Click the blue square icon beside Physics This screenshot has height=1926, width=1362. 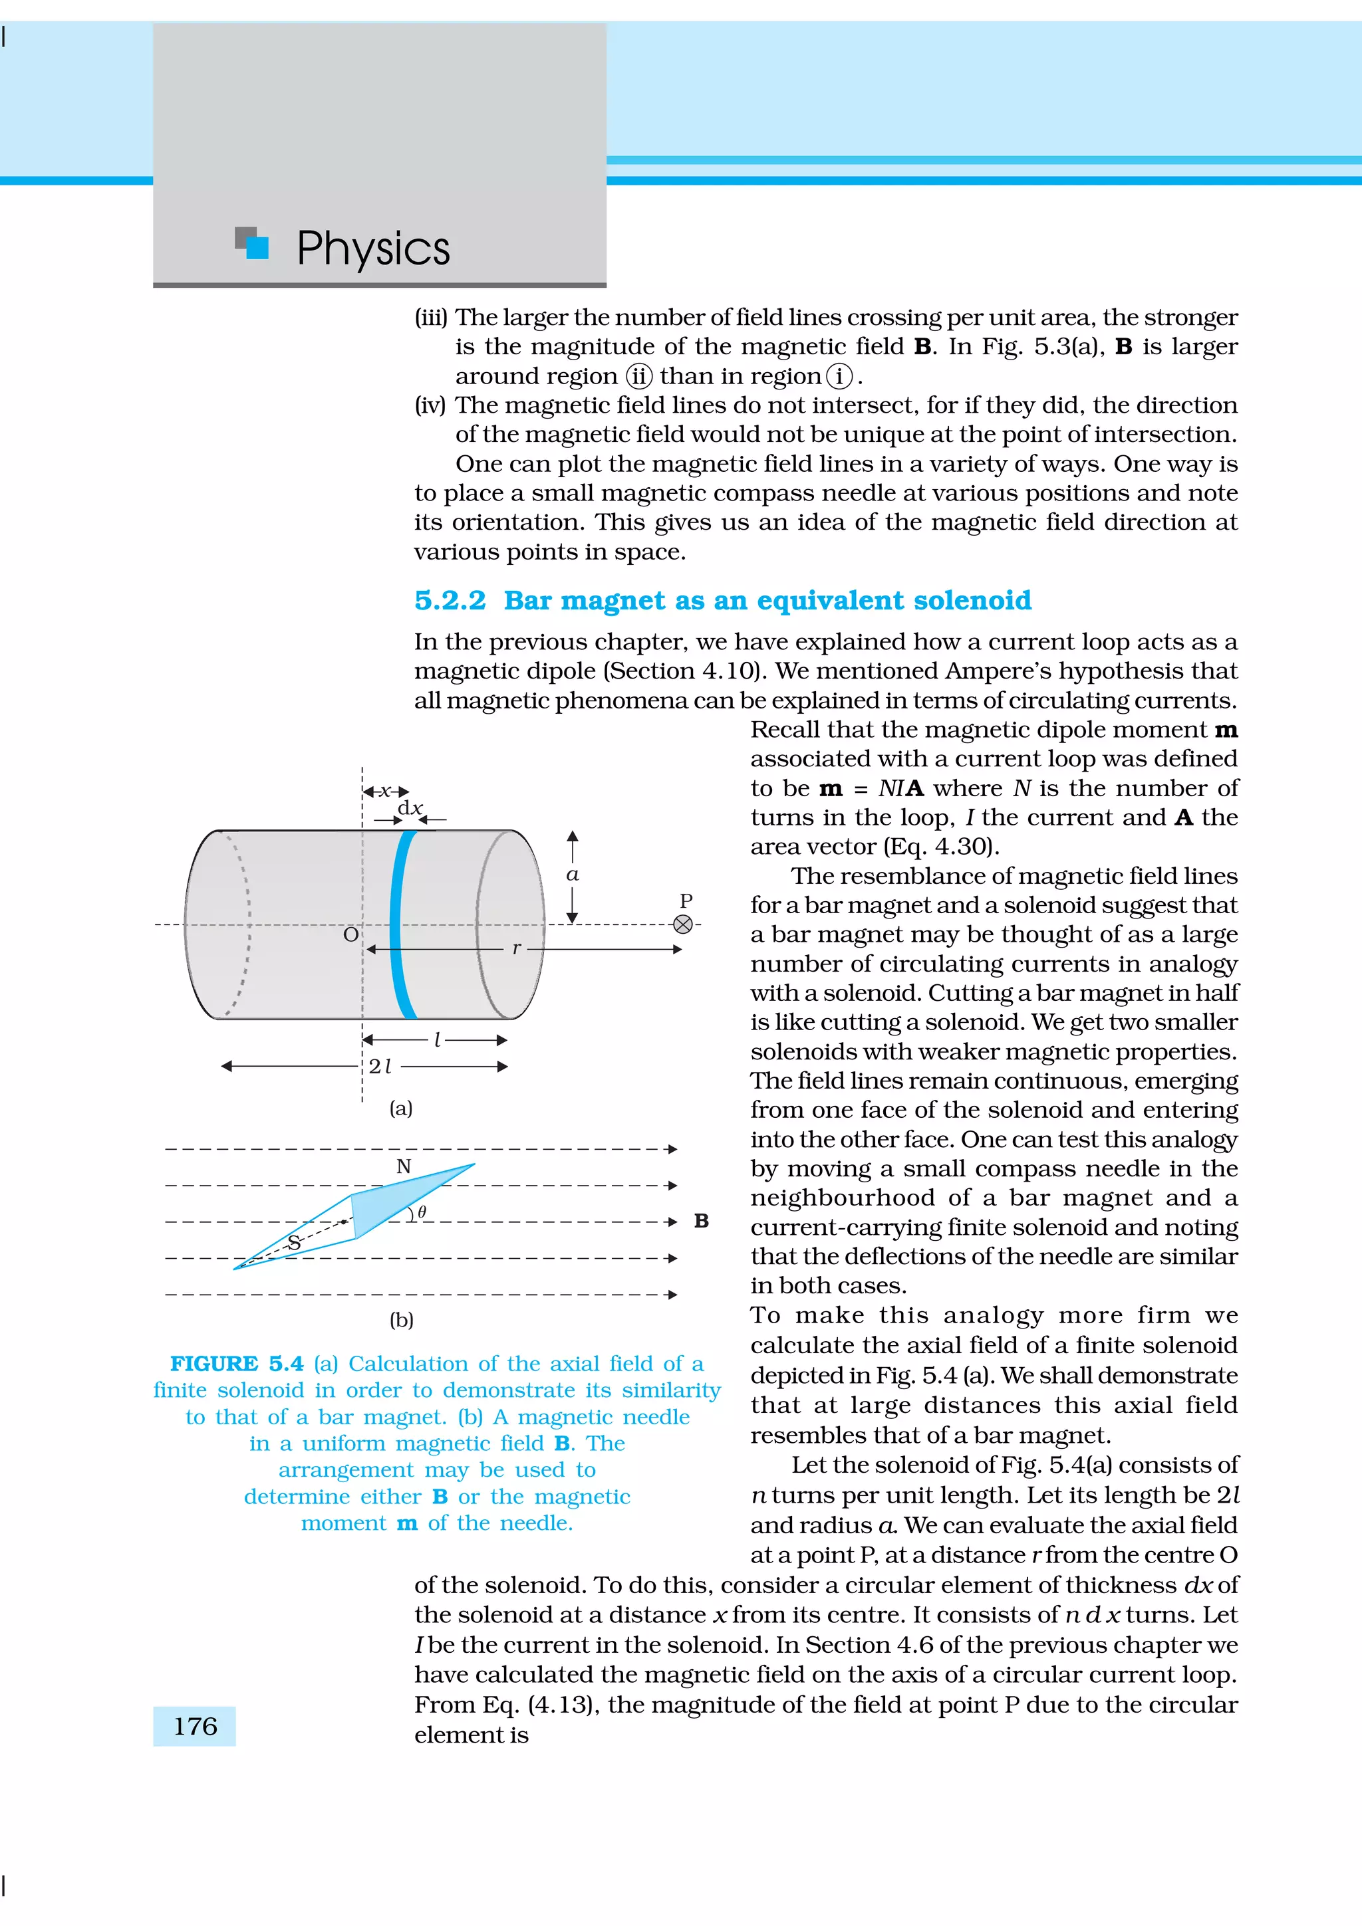pyautogui.click(x=257, y=247)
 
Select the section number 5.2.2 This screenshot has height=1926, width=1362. pyautogui.click(x=450, y=601)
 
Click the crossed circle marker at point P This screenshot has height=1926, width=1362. pyautogui.click(x=683, y=924)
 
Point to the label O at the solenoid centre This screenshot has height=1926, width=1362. pyautogui.click(x=350, y=934)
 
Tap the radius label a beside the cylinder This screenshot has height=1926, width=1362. pyautogui.click(x=573, y=874)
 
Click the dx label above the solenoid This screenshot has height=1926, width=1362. pyautogui.click(x=410, y=807)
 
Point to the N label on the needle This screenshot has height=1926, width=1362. pyautogui.click(x=404, y=1166)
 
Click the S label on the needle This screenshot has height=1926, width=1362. pyautogui.click(x=294, y=1242)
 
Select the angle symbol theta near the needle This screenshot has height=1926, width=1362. pyautogui.click(x=422, y=1212)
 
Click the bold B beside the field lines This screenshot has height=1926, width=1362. pyautogui.click(x=702, y=1222)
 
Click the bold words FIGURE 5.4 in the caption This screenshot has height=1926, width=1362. pyautogui.click(x=236, y=1364)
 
